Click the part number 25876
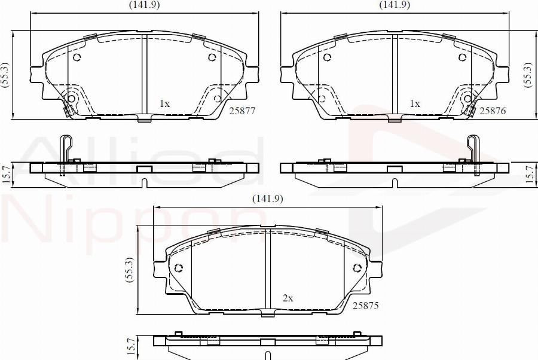(x=493, y=111)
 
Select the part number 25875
(x=366, y=305)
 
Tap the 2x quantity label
(x=288, y=297)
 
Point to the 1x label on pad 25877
(x=164, y=103)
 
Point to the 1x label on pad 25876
(x=415, y=103)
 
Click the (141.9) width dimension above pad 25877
(x=145, y=5)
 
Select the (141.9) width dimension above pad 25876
(x=395, y=5)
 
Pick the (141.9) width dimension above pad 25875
(x=267, y=199)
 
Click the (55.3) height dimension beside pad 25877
(x=5, y=75)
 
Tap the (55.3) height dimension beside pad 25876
(x=528, y=75)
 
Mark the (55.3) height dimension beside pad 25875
(x=129, y=271)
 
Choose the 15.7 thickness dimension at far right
(x=528, y=173)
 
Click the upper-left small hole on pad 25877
(x=77, y=57)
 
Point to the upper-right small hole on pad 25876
(x=462, y=57)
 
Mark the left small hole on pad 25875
(x=178, y=267)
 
